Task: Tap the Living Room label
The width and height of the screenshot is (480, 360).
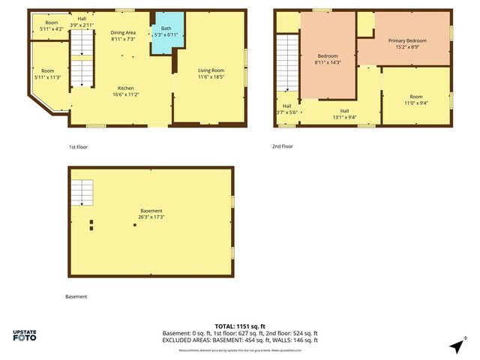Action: (x=211, y=70)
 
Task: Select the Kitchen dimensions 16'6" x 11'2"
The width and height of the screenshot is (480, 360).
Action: (x=125, y=95)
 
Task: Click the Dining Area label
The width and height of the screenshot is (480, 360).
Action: (x=123, y=32)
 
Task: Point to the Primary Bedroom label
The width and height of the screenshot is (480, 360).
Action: (x=407, y=40)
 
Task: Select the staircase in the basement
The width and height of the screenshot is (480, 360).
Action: (x=82, y=192)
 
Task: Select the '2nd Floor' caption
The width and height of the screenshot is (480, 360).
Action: (x=282, y=146)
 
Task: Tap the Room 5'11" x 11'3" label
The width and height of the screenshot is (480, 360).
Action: (x=47, y=73)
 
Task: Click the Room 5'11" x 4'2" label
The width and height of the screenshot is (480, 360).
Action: (x=52, y=25)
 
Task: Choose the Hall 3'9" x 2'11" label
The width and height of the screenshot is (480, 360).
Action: (x=82, y=21)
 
